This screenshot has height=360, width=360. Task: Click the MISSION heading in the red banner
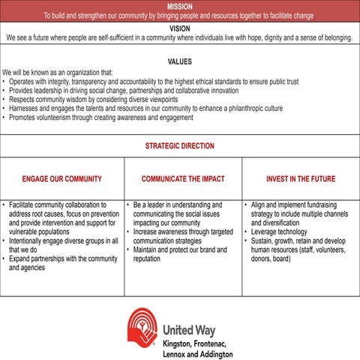[x=179, y=5]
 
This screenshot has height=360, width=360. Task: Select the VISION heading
[x=179, y=28]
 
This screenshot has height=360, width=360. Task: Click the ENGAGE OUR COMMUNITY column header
[x=62, y=179]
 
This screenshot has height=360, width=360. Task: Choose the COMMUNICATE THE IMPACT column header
[x=183, y=179]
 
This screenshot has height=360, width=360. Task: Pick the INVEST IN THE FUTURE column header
[x=300, y=179]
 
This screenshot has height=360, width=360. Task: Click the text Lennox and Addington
[x=196, y=353]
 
